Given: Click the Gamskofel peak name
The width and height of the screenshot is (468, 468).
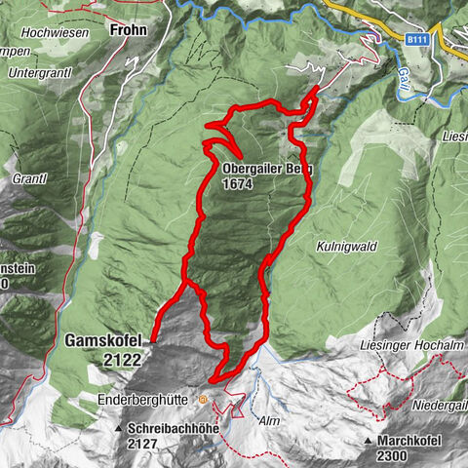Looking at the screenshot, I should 104,341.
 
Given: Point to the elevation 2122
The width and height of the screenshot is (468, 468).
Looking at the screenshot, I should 118,359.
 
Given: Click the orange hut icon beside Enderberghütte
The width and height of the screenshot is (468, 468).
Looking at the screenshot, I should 203,399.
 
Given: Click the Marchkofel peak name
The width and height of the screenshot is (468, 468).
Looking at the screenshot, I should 409,441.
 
